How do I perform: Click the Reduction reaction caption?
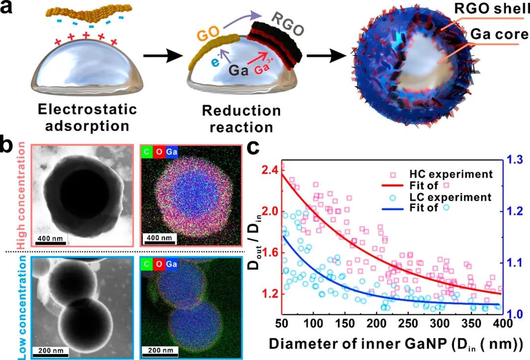[x=240, y=119]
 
